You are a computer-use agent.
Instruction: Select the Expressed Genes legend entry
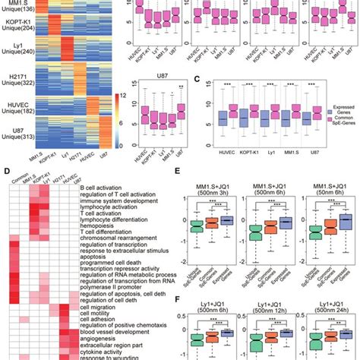pos(337,117)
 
